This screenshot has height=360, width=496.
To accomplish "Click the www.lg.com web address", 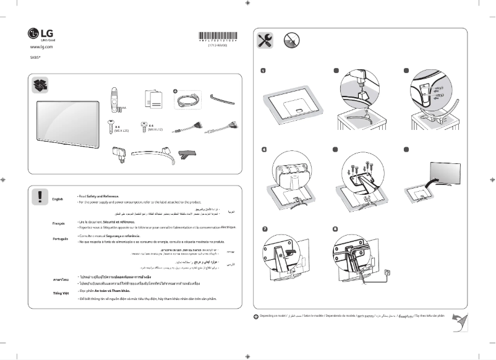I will (41, 47).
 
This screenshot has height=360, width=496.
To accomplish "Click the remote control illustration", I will (114, 100).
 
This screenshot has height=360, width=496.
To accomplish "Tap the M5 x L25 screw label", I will (121, 130).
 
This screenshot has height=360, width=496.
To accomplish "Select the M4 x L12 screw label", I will (155, 130).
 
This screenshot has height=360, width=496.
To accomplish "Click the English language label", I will (58, 199).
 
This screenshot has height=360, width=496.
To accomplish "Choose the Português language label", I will (60, 239).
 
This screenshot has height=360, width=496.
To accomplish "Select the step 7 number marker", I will (263, 229).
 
